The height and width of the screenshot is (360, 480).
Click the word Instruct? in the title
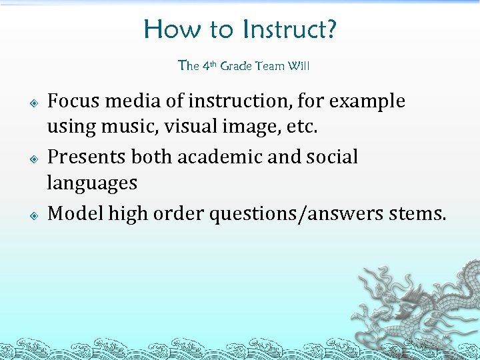289,29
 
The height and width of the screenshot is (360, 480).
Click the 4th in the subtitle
209,65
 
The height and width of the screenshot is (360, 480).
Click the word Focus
74,101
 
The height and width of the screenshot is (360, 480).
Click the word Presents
87,157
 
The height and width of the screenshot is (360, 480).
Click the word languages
92,183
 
